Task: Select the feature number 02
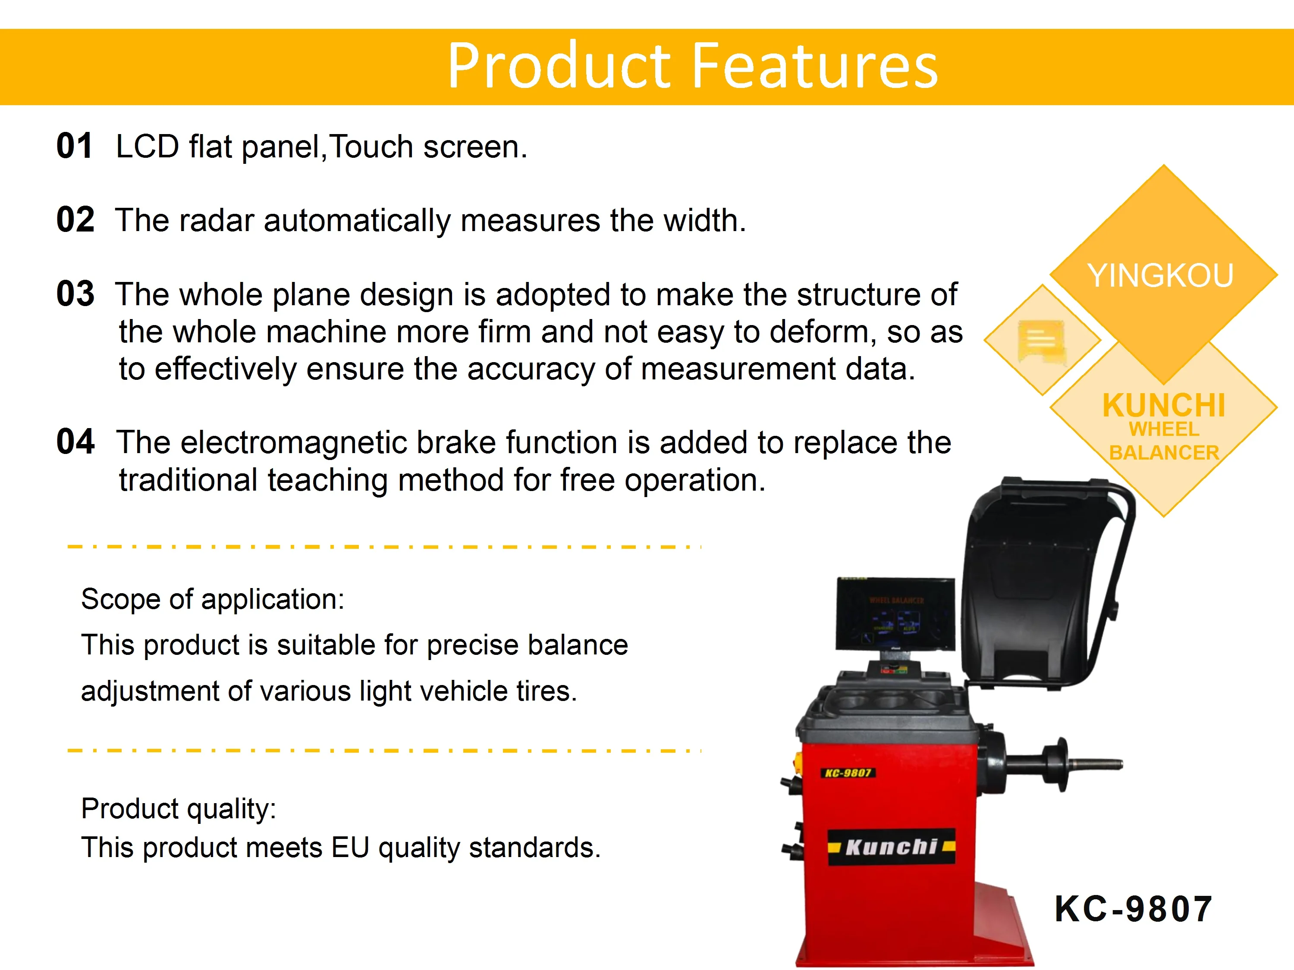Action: point(75,220)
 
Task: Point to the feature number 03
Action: point(75,294)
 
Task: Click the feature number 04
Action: point(75,441)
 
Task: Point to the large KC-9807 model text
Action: point(1133,909)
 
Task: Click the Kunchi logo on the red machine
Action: point(892,846)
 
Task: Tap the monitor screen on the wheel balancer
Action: point(895,613)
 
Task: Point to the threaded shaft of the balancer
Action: point(1095,763)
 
